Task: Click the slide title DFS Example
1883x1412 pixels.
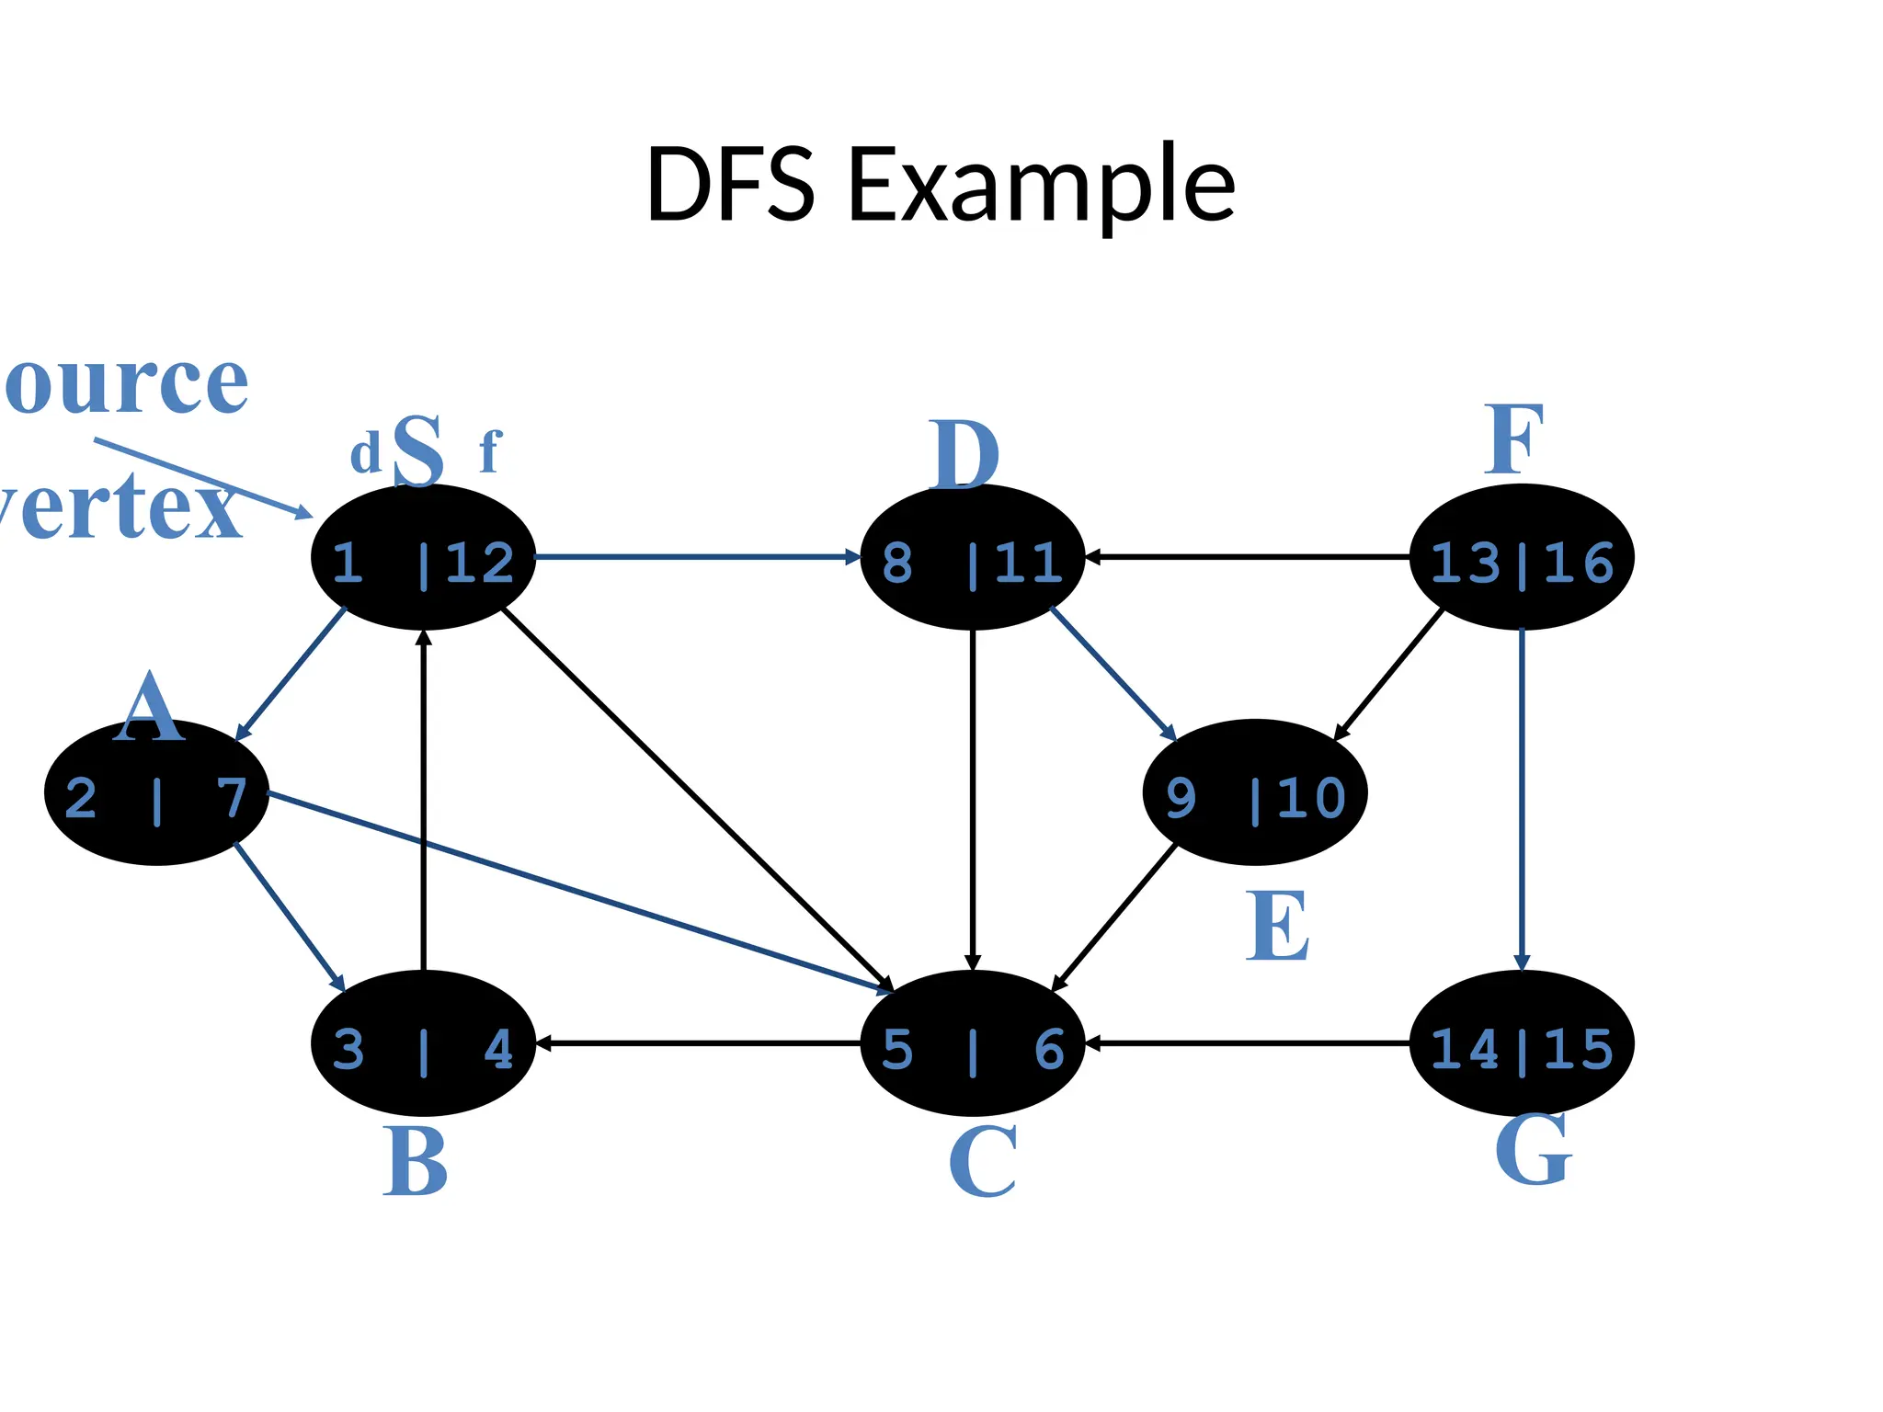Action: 940,186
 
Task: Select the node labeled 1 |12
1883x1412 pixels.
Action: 423,557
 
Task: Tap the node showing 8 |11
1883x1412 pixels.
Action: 972,557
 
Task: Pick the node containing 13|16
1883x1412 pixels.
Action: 1521,557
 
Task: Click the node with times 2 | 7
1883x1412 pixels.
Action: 156,792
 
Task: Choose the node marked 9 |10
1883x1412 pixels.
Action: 1254,792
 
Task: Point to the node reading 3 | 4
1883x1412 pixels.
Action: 423,1043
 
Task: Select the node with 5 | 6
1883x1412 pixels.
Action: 972,1043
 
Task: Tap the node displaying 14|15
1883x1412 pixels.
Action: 1521,1043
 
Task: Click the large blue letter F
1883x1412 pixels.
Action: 1513,441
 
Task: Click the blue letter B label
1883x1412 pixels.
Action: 416,1162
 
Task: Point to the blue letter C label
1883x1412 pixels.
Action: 982,1162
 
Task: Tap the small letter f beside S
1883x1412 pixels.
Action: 490,452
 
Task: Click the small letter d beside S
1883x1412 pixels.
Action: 365,454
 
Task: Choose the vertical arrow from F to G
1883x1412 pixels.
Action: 1522,800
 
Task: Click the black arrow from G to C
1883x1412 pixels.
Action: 1247,1043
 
